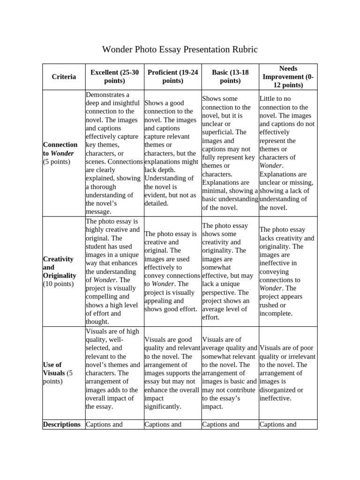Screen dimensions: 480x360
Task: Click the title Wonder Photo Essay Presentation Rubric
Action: pyautogui.click(x=180, y=49)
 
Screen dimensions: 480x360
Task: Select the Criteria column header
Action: pyautogui.click(x=64, y=76)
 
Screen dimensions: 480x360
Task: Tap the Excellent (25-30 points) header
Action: pyautogui.click(x=114, y=76)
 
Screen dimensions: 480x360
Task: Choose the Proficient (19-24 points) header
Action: pyautogui.click(x=172, y=76)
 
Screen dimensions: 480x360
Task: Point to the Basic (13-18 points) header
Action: pyautogui.click(x=230, y=76)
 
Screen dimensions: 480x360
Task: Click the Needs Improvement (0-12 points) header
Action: pyautogui.click(x=288, y=76)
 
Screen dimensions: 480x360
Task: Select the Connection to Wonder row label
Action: pyautogui.click(x=60, y=153)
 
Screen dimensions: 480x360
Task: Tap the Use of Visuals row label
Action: pyautogui.click(x=58, y=373)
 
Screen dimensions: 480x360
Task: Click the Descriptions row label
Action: pyautogui.click(x=61, y=424)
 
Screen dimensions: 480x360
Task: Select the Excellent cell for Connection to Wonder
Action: pyautogui.click(x=114, y=153)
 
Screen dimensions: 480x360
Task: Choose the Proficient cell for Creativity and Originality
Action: pyautogui.click(x=172, y=271)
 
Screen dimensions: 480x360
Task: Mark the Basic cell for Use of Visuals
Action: pyautogui.click(x=230, y=373)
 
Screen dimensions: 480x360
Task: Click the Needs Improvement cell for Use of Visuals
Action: pyautogui.click(x=287, y=373)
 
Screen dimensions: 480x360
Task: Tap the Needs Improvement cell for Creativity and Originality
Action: pyautogui.click(x=287, y=271)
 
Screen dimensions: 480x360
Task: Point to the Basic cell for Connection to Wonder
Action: pyautogui.click(x=230, y=153)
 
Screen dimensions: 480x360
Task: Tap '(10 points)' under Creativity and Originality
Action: pyautogui.click(x=58, y=284)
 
